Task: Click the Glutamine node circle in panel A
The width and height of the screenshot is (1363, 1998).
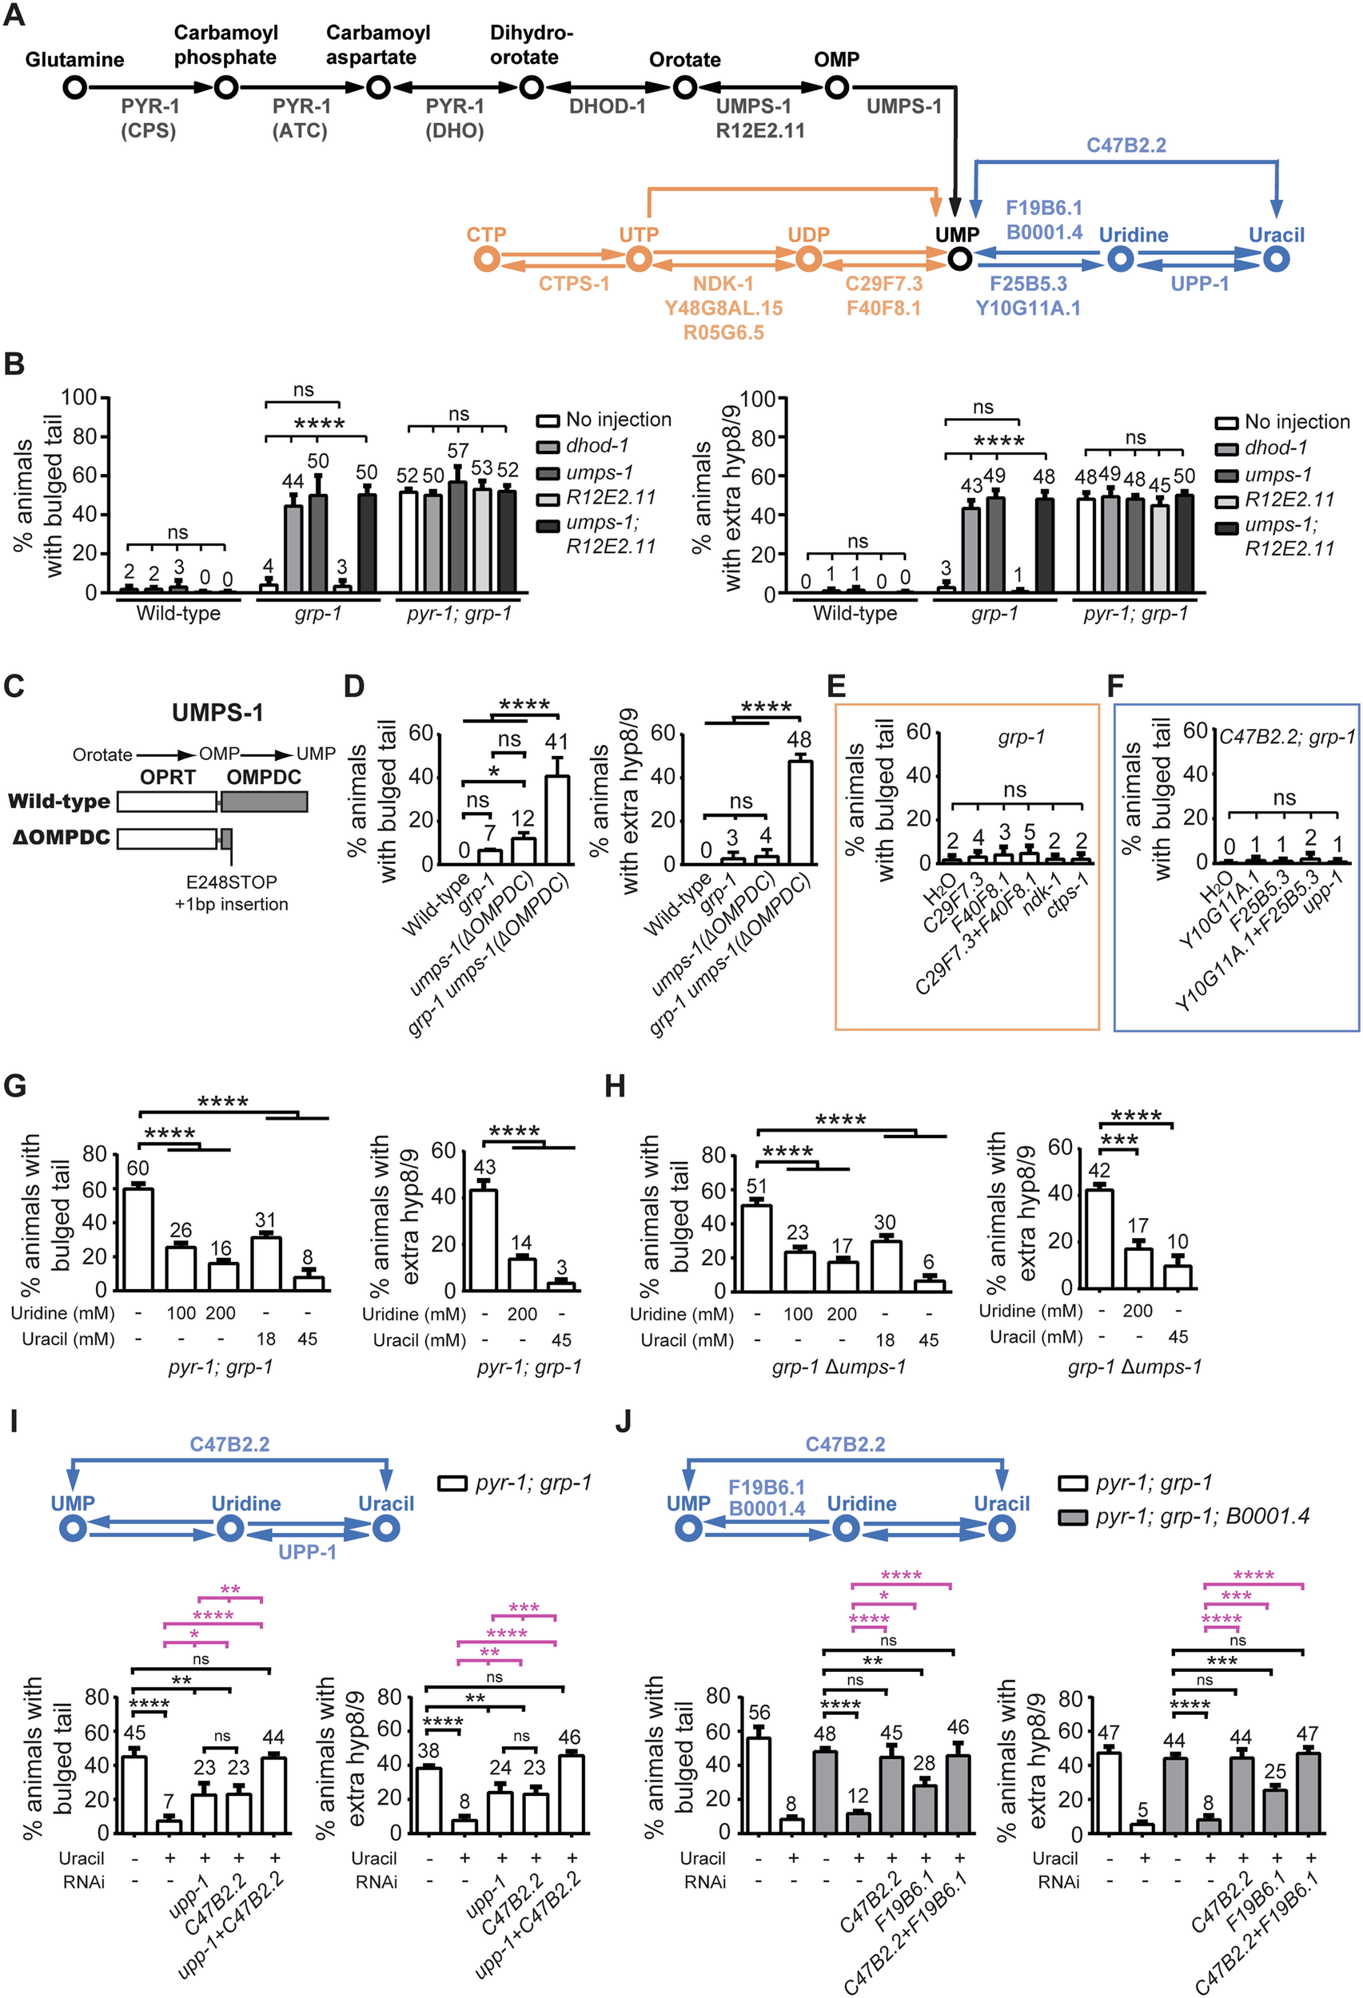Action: [75, 88]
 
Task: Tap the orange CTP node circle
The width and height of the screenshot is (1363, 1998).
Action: [487, 259]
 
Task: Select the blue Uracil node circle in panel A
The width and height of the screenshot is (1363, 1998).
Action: [1276, 259]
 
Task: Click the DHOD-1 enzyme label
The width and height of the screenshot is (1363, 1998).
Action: [607, 106]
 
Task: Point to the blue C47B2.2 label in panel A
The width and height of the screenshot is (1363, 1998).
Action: [1126, 145]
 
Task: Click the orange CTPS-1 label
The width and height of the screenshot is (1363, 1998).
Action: [573, 284]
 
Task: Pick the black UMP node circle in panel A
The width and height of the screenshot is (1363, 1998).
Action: [959, 259]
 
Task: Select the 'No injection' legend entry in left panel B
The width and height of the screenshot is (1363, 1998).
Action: [604, 420]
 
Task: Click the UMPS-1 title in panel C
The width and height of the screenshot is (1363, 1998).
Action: [217, 713]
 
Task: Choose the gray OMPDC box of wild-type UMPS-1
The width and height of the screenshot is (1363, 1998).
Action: [265, 802]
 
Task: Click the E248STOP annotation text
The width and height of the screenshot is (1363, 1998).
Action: [231, 882]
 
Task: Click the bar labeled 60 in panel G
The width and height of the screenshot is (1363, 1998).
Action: [138, 1238]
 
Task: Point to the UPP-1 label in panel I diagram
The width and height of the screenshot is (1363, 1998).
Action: [307, 1552]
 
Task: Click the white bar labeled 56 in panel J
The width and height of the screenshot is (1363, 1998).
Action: [759, 1785]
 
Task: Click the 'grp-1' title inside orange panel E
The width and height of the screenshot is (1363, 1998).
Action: [1021, 737]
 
